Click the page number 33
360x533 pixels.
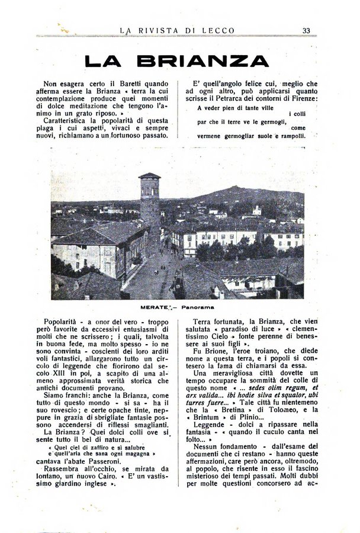tap(307, 30)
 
